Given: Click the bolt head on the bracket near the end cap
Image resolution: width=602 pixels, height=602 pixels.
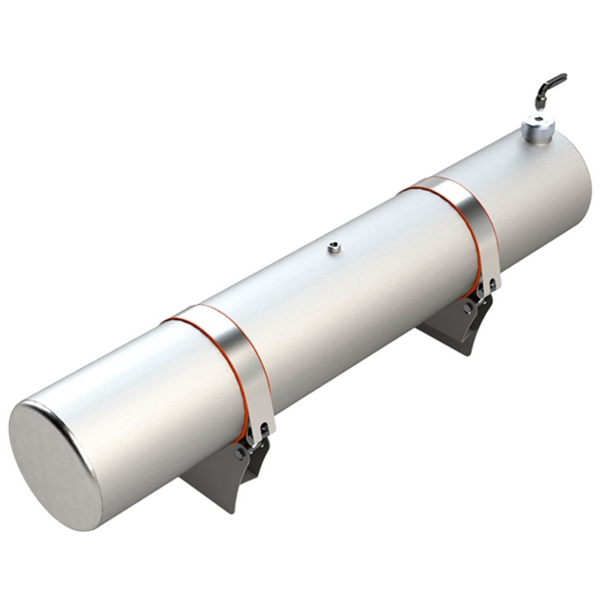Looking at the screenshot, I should pyautogui.click(x=239, y=454).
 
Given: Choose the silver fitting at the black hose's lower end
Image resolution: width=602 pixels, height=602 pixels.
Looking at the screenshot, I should pyautogui.click(x=540, y=102).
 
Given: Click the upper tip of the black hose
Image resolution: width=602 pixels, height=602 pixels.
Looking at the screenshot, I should pyautogui.click(x=562, y=76).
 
